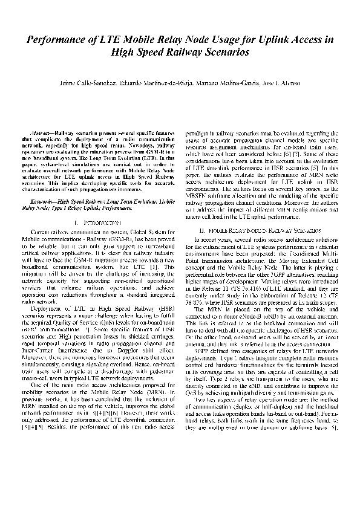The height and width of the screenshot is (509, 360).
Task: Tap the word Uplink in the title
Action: (x=263, y=41)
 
